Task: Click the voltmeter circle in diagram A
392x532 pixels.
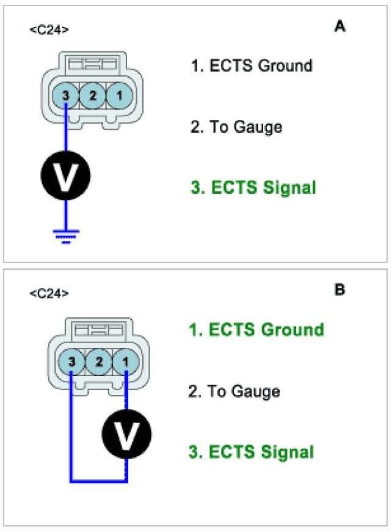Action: click(x=65, y=175)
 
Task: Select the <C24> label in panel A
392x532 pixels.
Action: click(x=49, y=29)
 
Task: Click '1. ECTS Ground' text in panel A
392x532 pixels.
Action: click(x=252, y=65)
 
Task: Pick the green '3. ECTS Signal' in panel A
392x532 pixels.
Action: click(x=253, y=188)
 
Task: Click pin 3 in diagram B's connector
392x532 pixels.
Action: click(x=71, y=362)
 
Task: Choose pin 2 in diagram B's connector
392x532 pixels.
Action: click(x=98, y=362)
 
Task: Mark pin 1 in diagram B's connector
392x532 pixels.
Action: click(x=125, y=362)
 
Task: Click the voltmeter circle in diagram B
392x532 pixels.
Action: click(x=126, y=436)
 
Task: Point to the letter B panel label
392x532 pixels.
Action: click(x=340, y=290)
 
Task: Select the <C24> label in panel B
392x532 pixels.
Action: click(x=49, y=294)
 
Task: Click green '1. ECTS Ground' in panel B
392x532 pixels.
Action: click(x=256, y=330)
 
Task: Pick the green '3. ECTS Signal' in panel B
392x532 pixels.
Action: click(x=252, y=453)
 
